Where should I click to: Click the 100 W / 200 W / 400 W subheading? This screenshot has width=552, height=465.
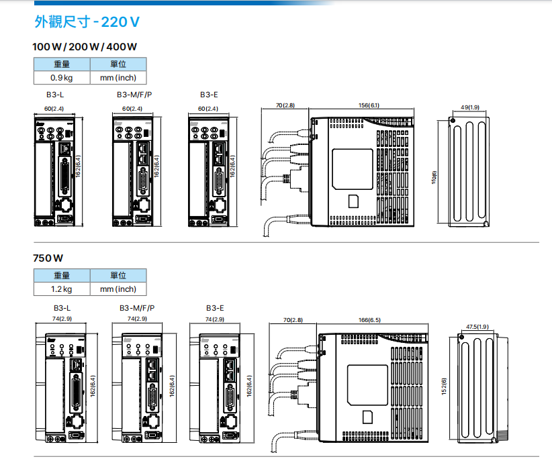tap(85, 47)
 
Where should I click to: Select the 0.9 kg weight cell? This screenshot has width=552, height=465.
tap(62, 78)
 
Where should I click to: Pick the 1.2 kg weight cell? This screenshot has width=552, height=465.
tap(62, 289)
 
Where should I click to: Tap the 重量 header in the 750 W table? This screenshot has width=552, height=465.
tap(62, 276)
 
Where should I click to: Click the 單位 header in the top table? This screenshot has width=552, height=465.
tap(118, 64)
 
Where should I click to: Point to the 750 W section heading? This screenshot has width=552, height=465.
tap(48, 258)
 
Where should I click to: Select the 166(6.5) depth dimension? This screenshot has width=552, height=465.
tap(369, 320)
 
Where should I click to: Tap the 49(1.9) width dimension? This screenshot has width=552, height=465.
tap(470, 107)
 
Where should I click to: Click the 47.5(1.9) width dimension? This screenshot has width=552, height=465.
tap(477, 327)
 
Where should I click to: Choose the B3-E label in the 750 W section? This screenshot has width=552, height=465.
tap(215, 308)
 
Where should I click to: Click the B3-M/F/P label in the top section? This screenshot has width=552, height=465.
tap(134, 95)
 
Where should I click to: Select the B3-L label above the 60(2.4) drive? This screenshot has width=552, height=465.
tap(55, 95)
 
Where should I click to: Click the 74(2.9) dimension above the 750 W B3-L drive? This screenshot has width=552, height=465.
tap(62, 319)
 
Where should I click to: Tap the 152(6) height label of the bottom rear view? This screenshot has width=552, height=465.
tap(444, 386)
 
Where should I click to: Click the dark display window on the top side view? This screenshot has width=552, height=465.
tap(353, 168)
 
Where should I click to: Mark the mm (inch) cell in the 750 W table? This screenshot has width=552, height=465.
tap(118, 289)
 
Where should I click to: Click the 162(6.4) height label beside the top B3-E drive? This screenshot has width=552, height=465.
tap(232, 166)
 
